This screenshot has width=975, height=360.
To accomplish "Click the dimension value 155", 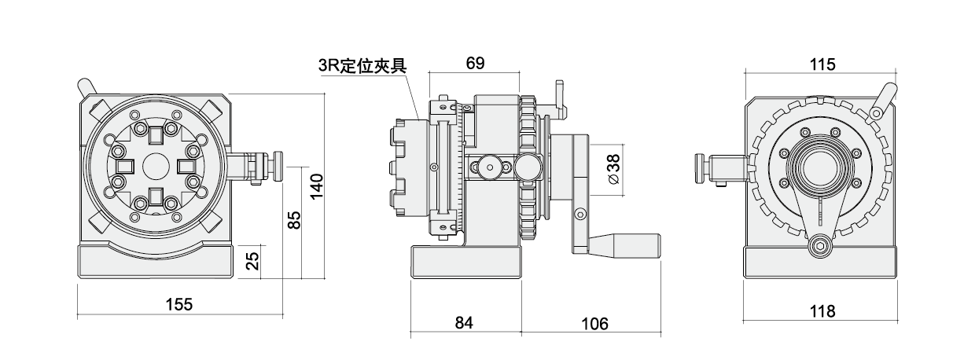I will click(x=180, y=303).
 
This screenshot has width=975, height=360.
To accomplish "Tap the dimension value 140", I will click(x=316, y=186).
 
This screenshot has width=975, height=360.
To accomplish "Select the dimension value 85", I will click(x=293, y=221).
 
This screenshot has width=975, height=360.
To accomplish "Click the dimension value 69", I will click(x=475, y=64).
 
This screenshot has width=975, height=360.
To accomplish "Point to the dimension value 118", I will click(x=821, y=311).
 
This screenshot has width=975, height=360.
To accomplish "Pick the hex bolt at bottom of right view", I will click(x=820, y=245).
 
